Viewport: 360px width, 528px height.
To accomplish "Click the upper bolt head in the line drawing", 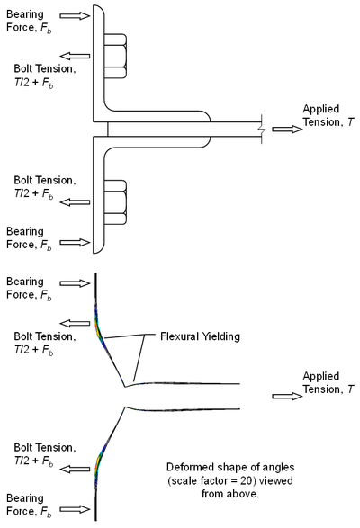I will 114,58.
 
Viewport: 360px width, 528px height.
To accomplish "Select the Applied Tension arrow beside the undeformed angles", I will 287,130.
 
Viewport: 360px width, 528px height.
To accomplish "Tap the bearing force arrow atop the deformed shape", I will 77,284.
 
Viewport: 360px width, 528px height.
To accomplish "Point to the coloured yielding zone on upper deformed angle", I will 100,325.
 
